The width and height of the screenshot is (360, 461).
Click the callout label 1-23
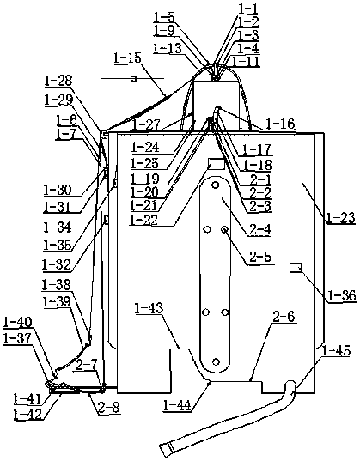click(340, 218)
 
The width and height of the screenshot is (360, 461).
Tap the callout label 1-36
click(342, 295)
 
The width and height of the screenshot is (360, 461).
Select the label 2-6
click(284, 317)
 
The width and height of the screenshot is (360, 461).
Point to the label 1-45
click(336, 351)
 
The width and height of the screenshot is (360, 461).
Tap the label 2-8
click(109, 408)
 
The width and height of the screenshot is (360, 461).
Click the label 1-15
click(128, 58)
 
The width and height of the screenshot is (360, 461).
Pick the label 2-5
click(260, 257)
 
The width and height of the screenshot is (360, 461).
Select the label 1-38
click(57, 285)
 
